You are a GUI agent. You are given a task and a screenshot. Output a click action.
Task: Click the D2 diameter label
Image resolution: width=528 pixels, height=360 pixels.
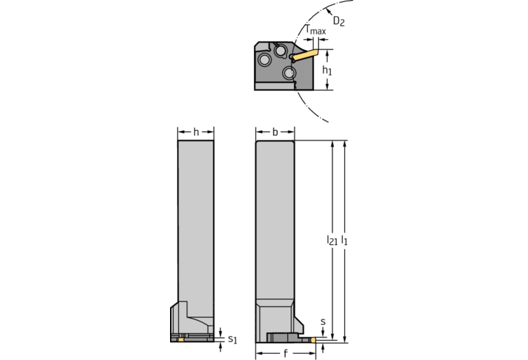339,21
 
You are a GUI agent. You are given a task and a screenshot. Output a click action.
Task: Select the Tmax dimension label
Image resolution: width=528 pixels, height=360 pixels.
316,30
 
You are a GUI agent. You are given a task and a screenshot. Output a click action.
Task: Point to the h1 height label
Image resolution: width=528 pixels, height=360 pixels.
328,71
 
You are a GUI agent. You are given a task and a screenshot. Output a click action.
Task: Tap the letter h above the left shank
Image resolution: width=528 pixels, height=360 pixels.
196,131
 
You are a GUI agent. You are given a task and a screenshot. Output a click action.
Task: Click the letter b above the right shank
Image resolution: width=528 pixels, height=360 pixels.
275,131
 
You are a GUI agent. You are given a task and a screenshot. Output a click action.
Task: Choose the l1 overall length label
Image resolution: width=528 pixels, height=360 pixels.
344,241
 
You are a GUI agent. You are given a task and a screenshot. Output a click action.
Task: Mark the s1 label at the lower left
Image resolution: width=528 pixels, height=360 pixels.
232,339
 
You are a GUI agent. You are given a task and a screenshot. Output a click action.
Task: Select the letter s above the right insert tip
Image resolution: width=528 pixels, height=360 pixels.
324,321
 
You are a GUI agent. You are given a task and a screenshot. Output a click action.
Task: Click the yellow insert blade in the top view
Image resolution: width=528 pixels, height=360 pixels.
306,52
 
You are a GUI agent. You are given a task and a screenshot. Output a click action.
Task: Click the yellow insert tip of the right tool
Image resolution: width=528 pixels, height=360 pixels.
314,339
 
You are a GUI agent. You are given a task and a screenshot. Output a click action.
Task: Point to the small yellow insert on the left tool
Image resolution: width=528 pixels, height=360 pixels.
181,339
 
